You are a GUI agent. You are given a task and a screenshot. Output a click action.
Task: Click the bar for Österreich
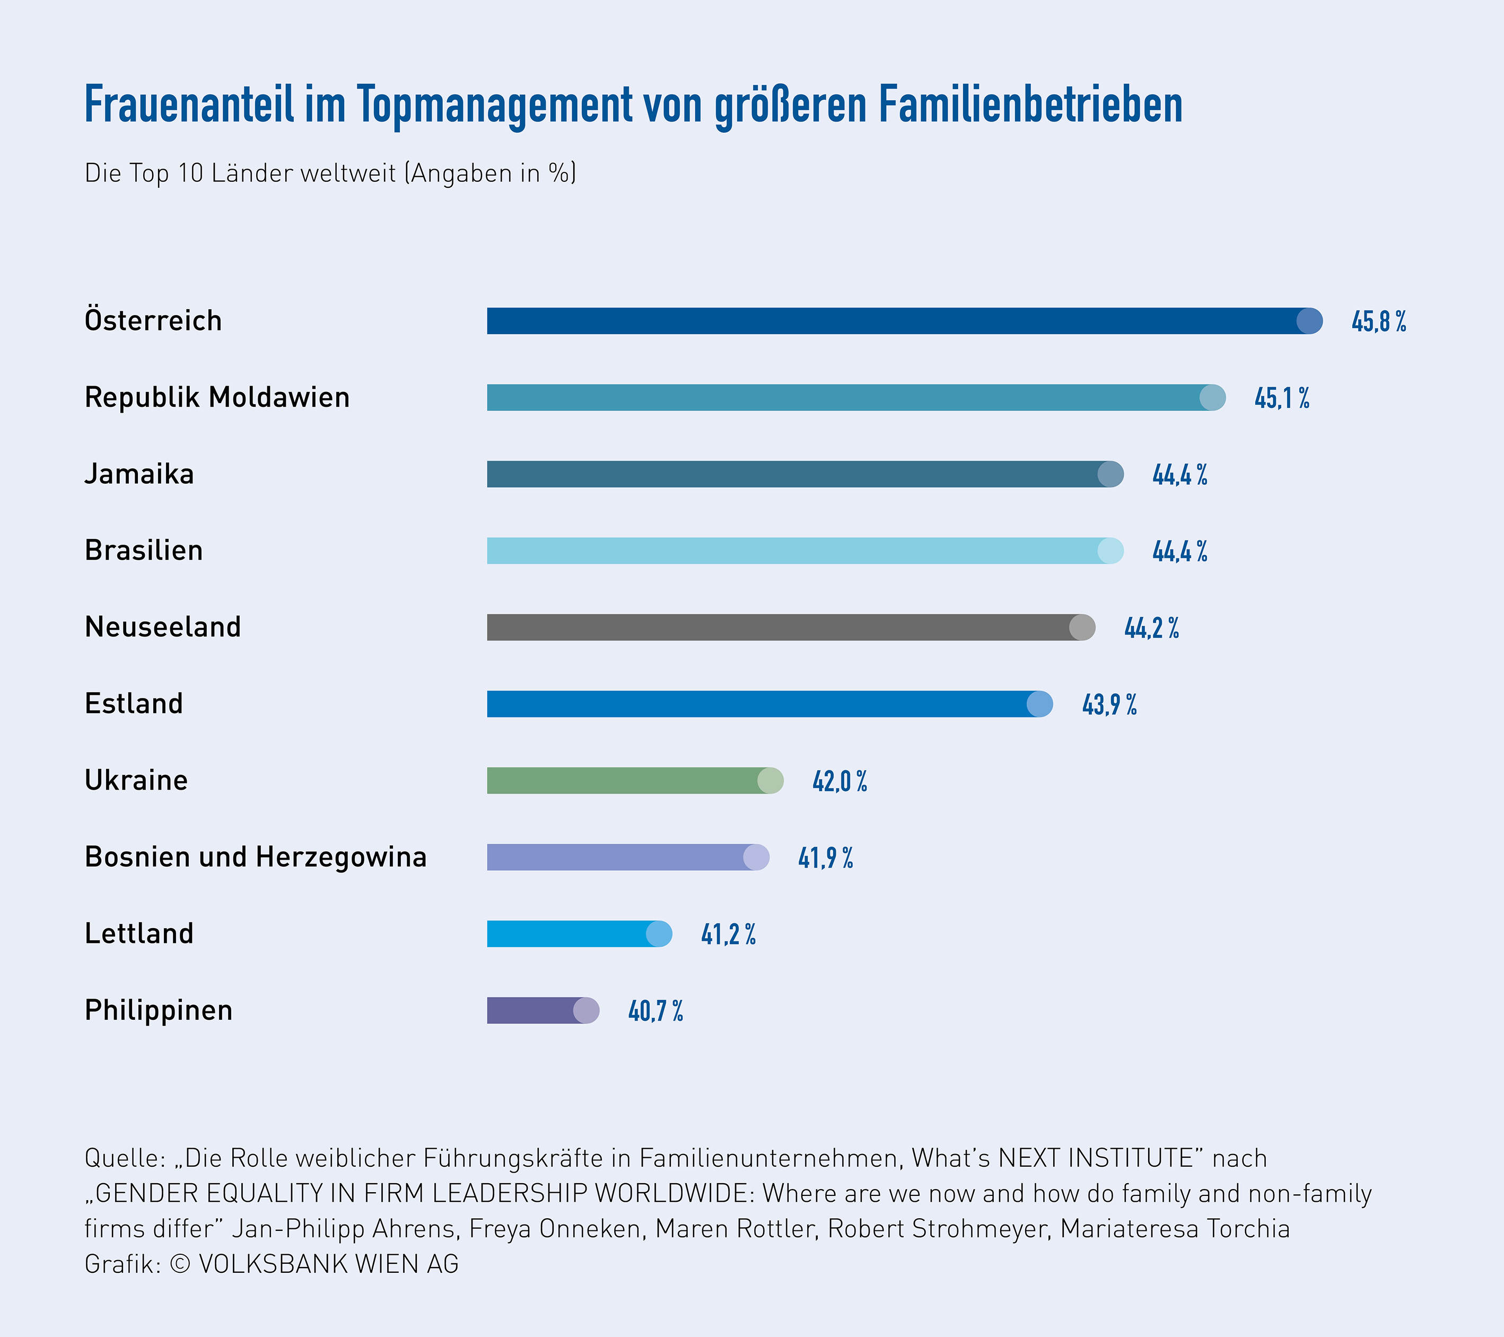898,321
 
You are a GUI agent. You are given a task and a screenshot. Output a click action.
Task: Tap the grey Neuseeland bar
784,627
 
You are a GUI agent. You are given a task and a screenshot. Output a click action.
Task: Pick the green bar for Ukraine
629,781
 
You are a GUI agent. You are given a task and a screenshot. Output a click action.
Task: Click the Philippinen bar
537,1010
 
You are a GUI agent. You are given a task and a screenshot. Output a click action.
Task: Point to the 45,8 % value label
1378,321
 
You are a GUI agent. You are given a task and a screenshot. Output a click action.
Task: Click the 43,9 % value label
1109,705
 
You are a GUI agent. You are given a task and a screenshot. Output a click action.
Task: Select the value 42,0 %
840,781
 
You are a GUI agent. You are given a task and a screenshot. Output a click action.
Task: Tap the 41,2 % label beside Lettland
728,934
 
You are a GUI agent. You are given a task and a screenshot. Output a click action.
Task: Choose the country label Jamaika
139,474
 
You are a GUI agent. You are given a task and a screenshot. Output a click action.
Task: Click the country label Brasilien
144,550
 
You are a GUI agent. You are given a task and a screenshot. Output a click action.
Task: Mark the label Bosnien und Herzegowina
255,857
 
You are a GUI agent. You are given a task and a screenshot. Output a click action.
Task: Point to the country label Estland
133,703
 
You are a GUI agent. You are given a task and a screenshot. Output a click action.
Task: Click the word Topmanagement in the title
494,104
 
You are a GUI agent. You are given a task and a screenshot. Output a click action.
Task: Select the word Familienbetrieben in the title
1030,104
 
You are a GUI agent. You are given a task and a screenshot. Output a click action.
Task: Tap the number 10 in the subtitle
190,173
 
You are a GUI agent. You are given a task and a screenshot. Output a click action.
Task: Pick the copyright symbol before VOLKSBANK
180,1264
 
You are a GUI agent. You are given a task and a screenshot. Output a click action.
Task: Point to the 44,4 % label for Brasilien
1179,551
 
